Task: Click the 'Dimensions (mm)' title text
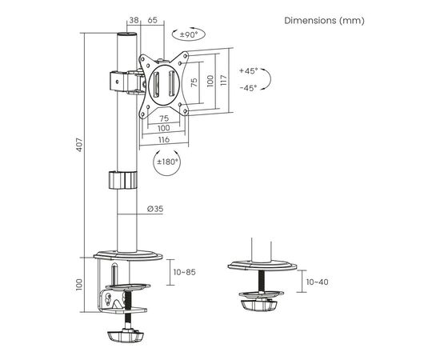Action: (x=324, y=21)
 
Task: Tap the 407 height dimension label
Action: (x=80, y=145)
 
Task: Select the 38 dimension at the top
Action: (x=134, y=20)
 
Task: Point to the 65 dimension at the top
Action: (x=152, y=20)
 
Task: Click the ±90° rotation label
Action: (x=189, y=34)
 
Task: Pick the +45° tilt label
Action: (x=249, y=70)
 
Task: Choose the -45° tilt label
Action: (x=249, y=88)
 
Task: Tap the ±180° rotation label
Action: (x=167, y=162)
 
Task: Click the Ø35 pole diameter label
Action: (x=155, y=209)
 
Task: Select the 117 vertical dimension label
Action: (x=223, y=81)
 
